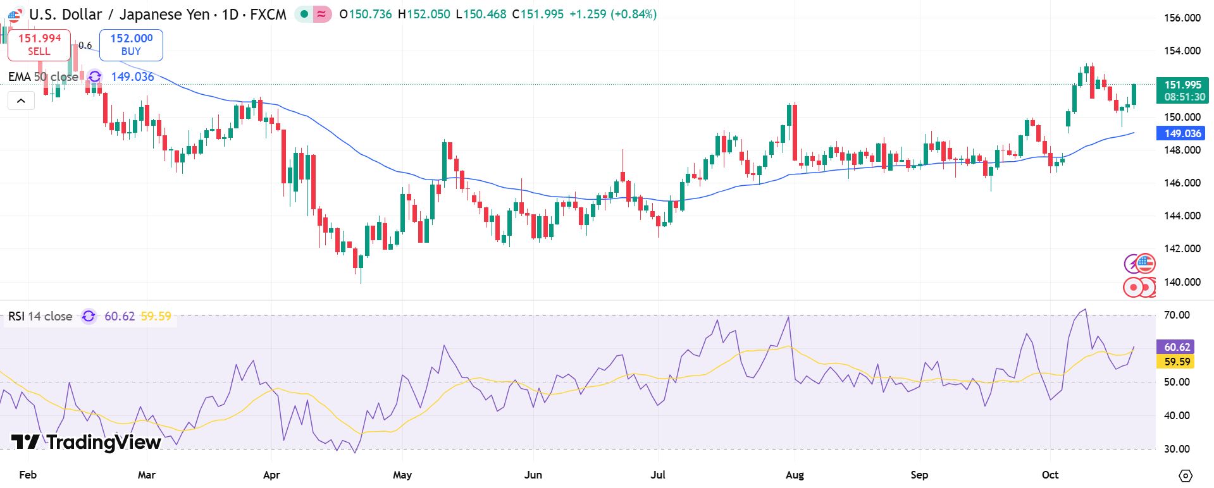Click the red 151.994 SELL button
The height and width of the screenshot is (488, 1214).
point(39,45)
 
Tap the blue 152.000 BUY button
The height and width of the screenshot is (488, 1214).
point(131,45)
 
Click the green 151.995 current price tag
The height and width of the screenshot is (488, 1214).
point(1182,90)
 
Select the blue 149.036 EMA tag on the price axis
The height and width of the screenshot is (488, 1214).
point(1182,133)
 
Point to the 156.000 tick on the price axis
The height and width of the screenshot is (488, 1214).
point(1182,18)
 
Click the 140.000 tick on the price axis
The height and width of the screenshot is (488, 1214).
point(1182,282)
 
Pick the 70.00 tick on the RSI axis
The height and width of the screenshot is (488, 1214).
point(1177,315)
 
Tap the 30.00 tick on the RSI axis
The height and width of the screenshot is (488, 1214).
point(1177,449)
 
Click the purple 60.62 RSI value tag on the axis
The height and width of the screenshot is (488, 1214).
point(1177,347)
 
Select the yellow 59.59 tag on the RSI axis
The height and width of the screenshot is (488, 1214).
point(1177,362)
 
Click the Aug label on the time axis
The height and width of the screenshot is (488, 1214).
point(795,475)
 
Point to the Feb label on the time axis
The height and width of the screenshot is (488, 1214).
point(28,475)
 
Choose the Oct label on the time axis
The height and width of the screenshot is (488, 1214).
point(1050,475)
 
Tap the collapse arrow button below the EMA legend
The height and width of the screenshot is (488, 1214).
point(21,101)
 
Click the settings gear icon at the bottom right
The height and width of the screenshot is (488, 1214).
point(1186,475)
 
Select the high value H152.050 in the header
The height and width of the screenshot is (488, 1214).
point(424,14)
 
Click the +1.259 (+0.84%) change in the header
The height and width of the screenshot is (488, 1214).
point(612,14)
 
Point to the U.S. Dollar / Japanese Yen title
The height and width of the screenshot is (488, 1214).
point(120,14)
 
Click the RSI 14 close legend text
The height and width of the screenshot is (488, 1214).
point(40,316)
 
